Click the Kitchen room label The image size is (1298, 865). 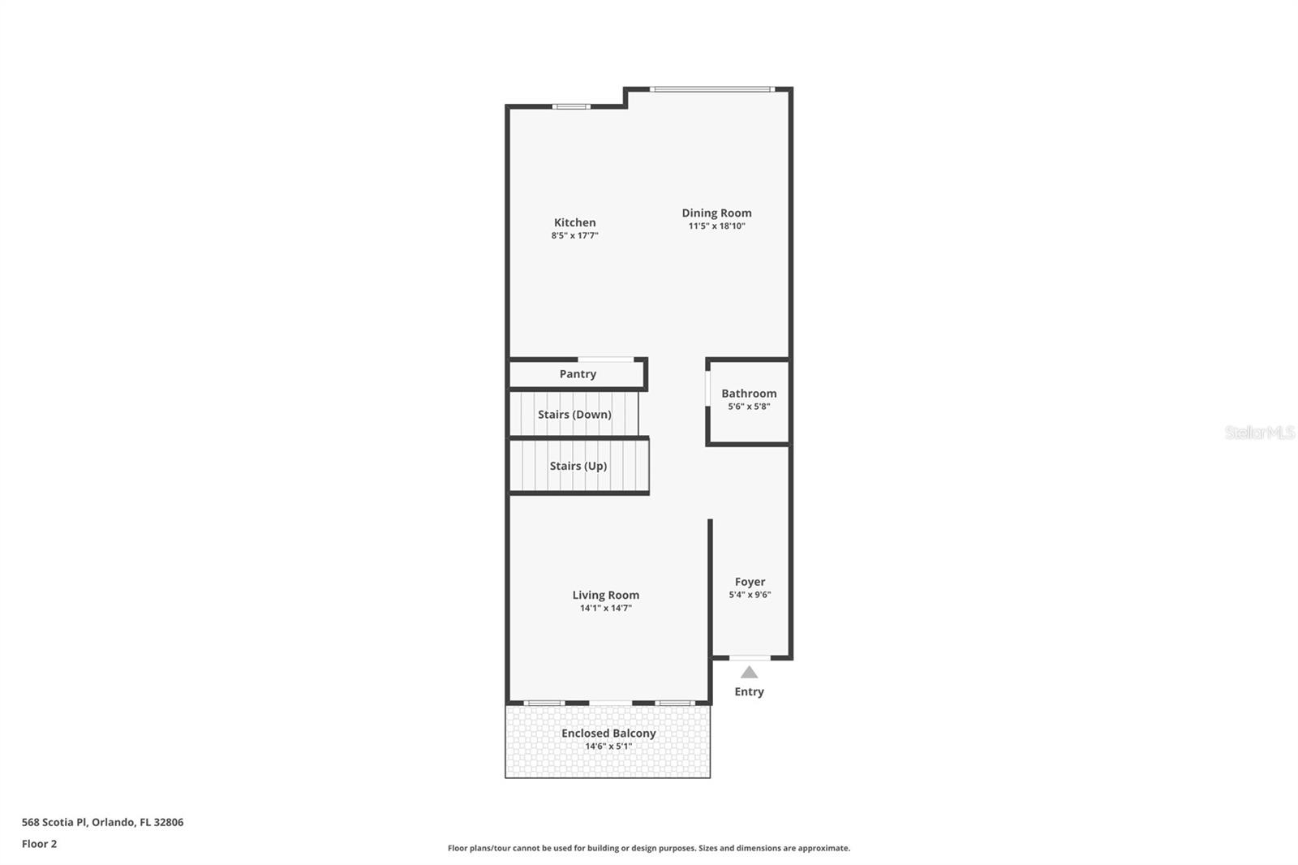tap(574, 222)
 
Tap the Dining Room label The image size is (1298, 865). tap(716, 213)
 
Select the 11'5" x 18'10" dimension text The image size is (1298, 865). tap(716, 226)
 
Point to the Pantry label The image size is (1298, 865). tap(577, 374)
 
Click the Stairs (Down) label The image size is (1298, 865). tap(574, 415)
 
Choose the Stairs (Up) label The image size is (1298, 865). tap(578, 466)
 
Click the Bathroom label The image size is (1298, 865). tap(749, 393)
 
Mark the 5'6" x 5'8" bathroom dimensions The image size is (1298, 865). tap(749, 407)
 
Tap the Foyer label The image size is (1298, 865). tap(750, 582)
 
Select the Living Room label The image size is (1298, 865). tap(605, 595)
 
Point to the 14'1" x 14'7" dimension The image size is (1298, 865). tap(605, 608)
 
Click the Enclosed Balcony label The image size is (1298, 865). tap(608, 733)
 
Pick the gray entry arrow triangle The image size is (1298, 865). tap(750, 673)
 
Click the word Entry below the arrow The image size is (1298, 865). tap(750, 691)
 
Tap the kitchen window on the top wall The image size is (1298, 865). tap(571, 106)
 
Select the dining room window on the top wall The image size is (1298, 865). tap(711, 89)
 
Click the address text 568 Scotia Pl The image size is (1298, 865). tap(54, 822)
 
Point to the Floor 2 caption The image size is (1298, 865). tap(40, 844)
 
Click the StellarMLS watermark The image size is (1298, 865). tap(1260, 432)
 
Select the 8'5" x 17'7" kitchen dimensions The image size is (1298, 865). tap(574, 235)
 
